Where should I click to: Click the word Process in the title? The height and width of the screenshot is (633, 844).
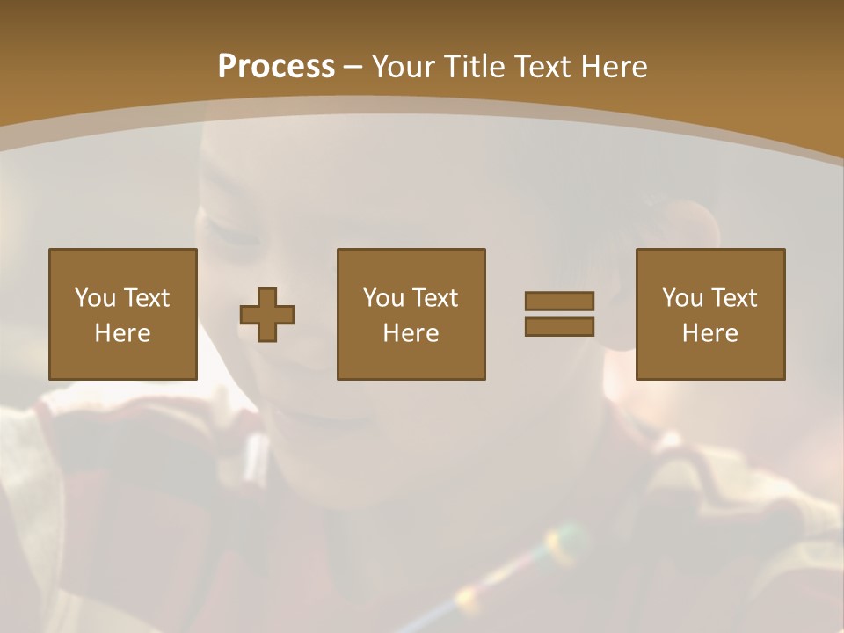(x=276, y=67)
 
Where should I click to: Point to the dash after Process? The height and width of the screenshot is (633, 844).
(x=352, y=68)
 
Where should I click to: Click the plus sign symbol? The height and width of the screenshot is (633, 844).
(x=267, y=315)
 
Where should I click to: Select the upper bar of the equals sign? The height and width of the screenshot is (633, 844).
(x=559, y=301)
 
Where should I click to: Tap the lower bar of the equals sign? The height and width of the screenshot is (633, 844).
(x=559, y=326)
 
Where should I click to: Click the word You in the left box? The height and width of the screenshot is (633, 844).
(x=96, y=298)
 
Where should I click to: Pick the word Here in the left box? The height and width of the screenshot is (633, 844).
(x=122, y=333)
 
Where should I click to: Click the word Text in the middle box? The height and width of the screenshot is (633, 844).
(x=434, y=298)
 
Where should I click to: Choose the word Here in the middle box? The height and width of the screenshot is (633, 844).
(x=411, y=333)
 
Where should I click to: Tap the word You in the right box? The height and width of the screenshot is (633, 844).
(x=683, y=298)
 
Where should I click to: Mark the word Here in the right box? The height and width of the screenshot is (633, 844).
(x=709, y=333)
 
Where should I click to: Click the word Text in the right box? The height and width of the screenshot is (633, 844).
(x=733, y=298)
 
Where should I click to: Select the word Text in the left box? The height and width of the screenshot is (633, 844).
(x=146, y=298)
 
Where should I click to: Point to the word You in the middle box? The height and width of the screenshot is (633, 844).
(x=384, y=298)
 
